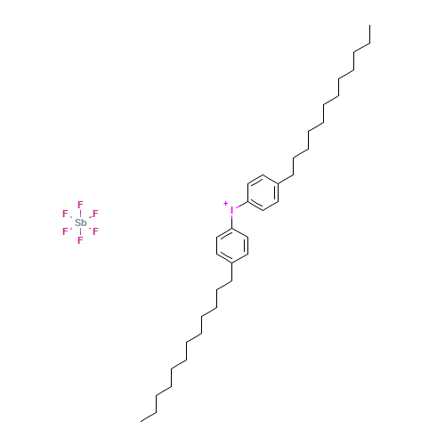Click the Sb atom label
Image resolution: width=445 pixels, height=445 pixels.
click(x=80, y=222)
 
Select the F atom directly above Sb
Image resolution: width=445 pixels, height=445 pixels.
click(x=80, y=204)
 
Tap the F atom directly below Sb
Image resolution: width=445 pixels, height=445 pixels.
click(x=80, y=240)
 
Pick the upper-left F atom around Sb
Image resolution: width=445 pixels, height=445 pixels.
click(x=65, y=214)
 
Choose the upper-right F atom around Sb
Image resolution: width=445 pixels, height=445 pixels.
click(x=95, y=214)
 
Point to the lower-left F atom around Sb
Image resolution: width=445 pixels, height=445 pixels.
click(x=65, y=231)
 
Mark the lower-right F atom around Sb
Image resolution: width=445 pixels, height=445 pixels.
click(x=95, y=231)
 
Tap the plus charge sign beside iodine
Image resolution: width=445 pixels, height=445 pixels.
click(x=225, y=204)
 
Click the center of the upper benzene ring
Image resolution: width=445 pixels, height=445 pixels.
click(x=264, y=191)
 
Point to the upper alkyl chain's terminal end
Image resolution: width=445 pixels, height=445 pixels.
click(x=368, y=44)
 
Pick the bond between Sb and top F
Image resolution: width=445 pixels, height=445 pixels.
click(x=80, y=213)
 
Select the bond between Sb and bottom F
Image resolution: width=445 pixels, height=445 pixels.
click(x=80, y=231)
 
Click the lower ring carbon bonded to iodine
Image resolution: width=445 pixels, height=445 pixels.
click(x=232, y=229)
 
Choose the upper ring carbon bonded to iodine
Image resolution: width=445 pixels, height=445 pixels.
click(x=248, y=201)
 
